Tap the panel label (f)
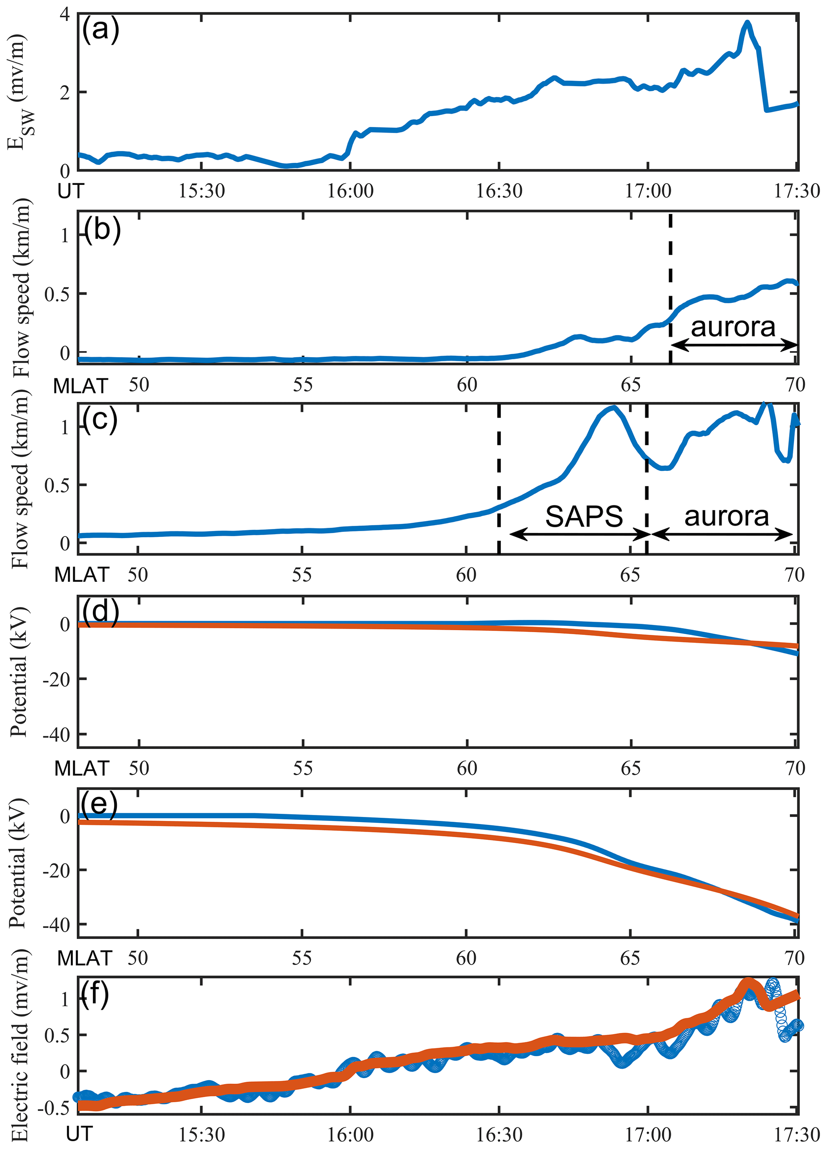95,994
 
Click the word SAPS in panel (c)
584,516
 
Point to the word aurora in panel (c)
727,516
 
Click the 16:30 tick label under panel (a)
499,191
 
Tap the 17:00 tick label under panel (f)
648,1134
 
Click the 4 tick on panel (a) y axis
65,14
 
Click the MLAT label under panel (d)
82,769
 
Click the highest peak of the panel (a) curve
747,23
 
